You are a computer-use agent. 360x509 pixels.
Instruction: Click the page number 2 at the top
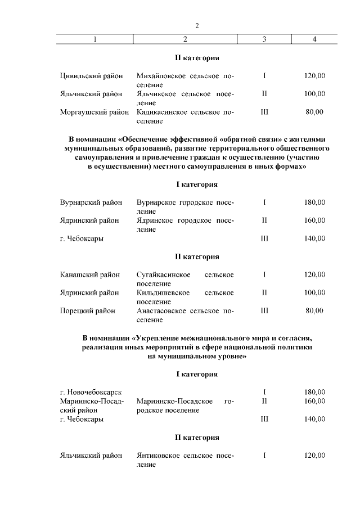pos(197,26)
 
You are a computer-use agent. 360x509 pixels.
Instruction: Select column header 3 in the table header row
pos(264,39)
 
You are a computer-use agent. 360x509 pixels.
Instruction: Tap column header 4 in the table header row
pos(314,39)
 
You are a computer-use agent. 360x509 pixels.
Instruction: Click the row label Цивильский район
pos(91,76)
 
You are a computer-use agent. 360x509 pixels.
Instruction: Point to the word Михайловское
pos(161,76)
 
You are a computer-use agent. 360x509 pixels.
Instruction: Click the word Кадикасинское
pos(161,112)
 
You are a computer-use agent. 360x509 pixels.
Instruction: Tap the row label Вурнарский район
pos(91,202)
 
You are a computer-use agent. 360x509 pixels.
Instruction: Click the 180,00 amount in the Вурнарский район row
pos(314,202)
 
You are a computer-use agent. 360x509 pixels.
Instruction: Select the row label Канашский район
pos(90,274)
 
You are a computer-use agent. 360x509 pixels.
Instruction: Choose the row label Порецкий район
pos(88,310)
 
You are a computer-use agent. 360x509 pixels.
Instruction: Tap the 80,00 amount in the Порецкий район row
pos(314,310)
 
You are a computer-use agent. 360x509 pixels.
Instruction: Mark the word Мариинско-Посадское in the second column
pos(174,401)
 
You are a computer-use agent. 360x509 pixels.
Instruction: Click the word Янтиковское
pos(161,455)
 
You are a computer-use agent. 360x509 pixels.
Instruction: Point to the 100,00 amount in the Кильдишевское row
pos(314,292)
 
